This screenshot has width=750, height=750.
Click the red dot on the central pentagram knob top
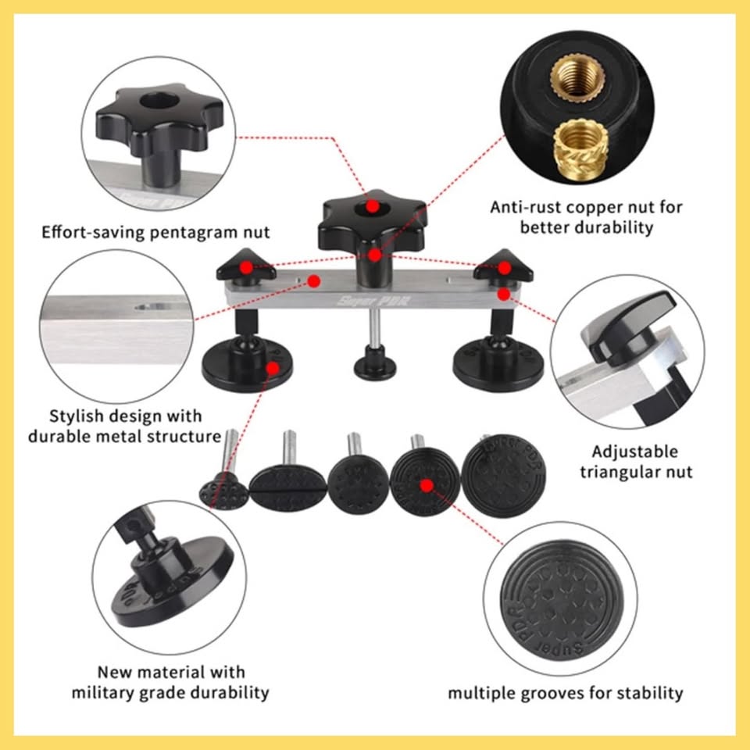coord(373,206)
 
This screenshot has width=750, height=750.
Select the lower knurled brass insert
coord(580,148)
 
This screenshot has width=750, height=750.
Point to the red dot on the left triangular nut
coord(246,267)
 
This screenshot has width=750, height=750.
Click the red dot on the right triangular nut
coord(504,268)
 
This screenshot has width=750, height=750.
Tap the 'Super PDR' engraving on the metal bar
coord(373,301)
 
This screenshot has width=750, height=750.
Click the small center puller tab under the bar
coord(375,362)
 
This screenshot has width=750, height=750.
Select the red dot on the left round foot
coord(272,368)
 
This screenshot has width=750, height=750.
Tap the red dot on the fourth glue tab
coord(427,486)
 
